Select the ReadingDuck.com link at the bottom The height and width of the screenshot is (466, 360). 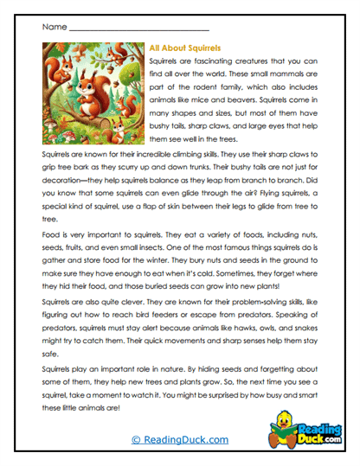pyautogui.click(x=179, y=440)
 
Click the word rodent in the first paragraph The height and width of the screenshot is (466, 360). pyautogui.click(x=197, y=93)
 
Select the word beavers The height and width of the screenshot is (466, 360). pyautogui.click(x=265, y=108)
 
